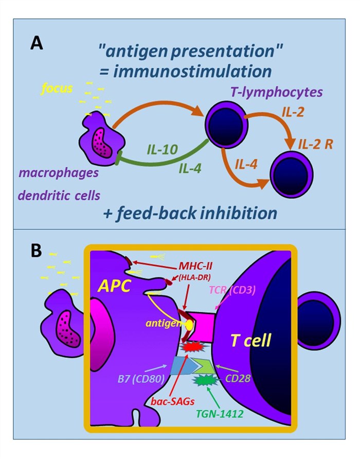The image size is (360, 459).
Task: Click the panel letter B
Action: point(37,251)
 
